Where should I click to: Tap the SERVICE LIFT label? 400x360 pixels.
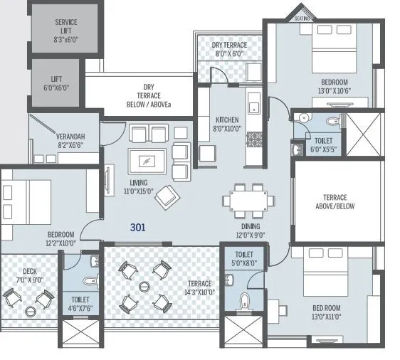tap(65, 32)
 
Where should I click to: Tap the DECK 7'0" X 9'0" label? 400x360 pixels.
tap(30, 275)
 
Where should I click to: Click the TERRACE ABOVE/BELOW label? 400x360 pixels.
tap(335, 202)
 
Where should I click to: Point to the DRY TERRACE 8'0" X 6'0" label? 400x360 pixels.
tap(228, 48)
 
